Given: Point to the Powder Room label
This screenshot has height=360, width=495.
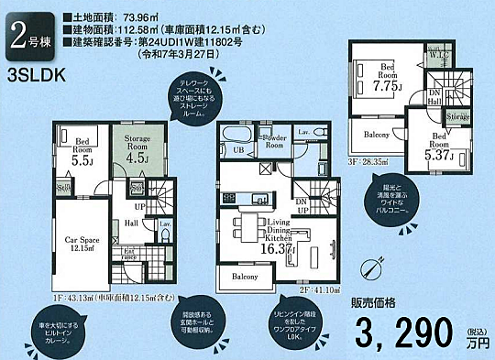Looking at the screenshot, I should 273,142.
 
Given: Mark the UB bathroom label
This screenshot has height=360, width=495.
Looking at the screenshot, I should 236,150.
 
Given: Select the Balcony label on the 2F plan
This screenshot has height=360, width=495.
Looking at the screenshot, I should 245,276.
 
